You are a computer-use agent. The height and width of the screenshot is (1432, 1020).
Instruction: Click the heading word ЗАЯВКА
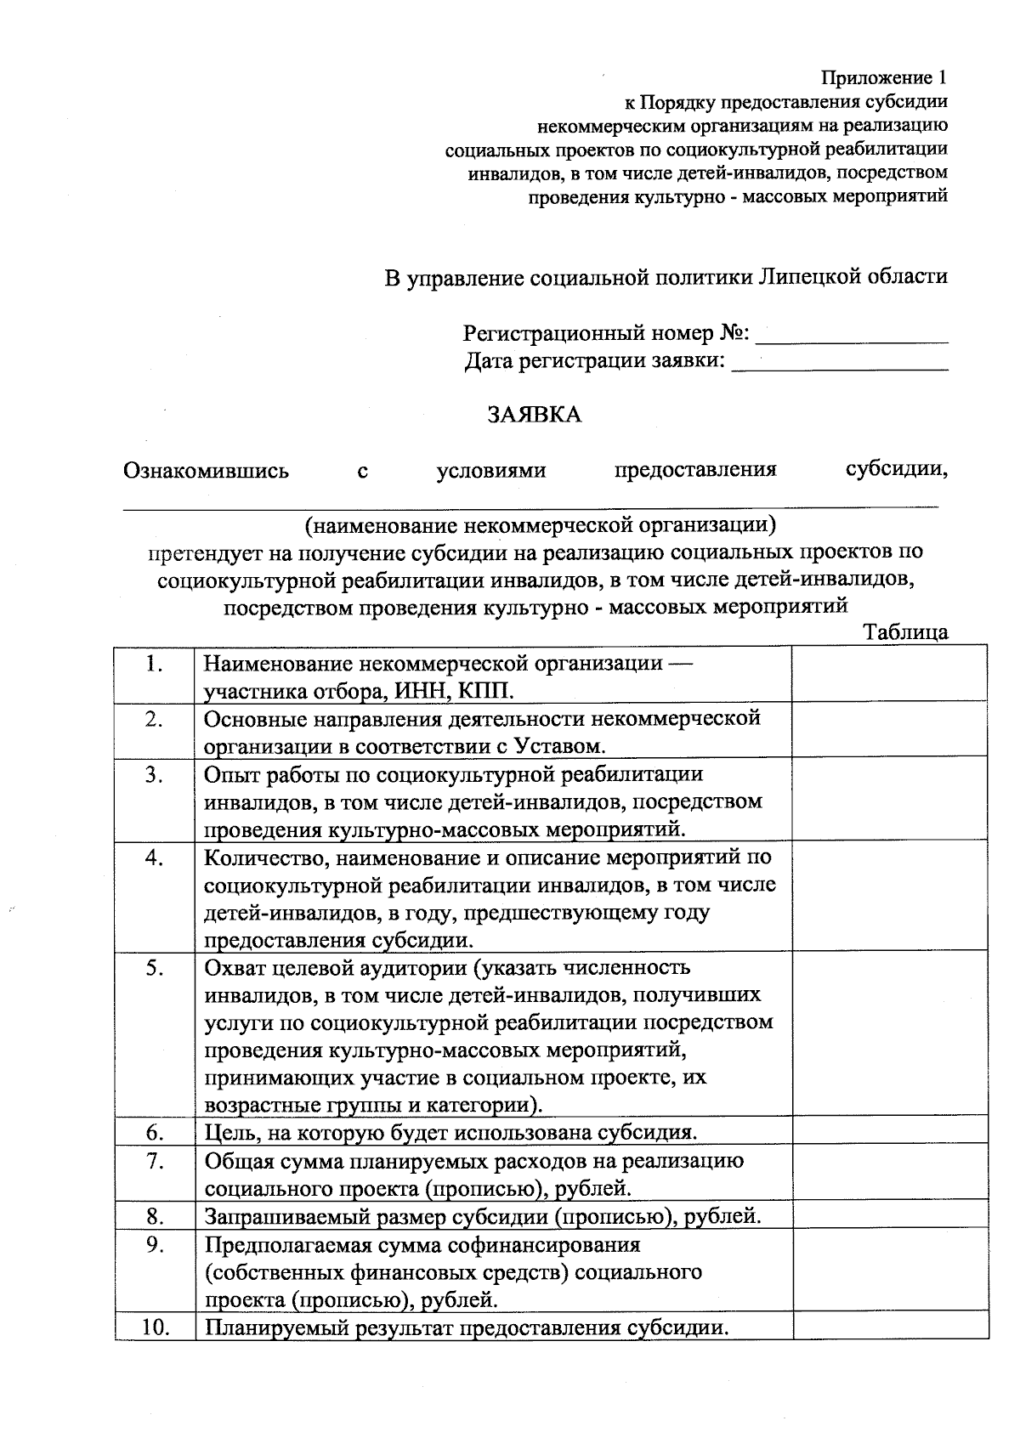tap(534, 415)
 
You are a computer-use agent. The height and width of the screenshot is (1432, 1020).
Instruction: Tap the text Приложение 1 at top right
tap(883, 78)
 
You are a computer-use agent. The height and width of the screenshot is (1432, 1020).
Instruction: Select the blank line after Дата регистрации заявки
tap(839, 365)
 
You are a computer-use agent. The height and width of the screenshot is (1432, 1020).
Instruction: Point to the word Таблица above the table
tap(905, 632)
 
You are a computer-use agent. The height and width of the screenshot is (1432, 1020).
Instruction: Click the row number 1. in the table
tap(154, 664)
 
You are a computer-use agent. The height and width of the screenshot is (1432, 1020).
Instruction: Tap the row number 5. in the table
tap(154, 967)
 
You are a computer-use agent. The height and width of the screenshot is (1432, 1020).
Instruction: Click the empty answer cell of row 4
tap(889, 897)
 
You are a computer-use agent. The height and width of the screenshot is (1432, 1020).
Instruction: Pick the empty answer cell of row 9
tap(889, 1271)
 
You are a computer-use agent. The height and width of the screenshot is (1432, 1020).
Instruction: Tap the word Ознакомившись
tap(207, 470)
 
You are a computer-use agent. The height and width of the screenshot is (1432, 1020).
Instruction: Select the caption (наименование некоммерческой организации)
tap(540, 524)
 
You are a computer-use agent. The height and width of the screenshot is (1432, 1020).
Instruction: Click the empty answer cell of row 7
tap(889, 1173)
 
